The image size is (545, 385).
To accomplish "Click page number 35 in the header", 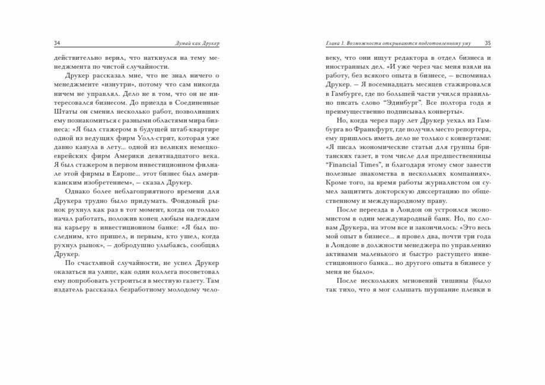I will tap(487, 43).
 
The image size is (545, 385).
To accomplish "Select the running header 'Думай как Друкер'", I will tap(193, 43).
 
